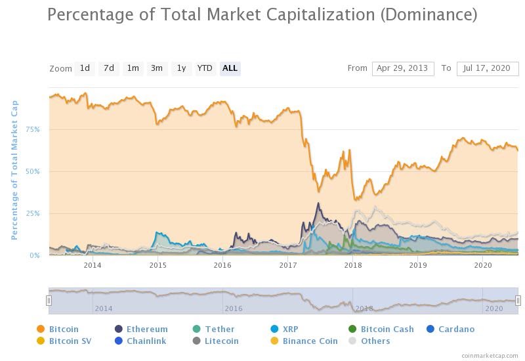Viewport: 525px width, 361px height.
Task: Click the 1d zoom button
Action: tap(85, 68)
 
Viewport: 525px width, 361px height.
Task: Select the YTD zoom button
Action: tap(205, 68)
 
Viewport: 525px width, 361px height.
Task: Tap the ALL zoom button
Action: tap(230, 68)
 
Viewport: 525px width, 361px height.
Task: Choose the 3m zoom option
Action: tap(157, 68)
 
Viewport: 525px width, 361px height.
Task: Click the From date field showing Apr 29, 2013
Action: tap(403, 69)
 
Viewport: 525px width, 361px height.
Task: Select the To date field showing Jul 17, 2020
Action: tap(488, 69)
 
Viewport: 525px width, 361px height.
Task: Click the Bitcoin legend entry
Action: tap(58, 329)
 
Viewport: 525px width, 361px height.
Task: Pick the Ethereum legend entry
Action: tap(141, 329)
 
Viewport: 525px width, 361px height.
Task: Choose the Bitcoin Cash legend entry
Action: tap(381, 329)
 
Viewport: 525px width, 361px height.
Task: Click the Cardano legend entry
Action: tap(451, 329)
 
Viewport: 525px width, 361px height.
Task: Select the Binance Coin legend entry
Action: tap(304, 341)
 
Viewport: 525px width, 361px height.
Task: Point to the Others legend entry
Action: tap(369, 341)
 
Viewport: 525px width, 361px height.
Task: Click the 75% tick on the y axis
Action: tap(32, 129)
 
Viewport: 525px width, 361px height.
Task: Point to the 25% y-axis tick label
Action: tap(32, 213)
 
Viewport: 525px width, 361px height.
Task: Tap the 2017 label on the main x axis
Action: tap(288, 265)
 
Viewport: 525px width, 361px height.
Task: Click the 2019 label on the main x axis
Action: tap(418, 265)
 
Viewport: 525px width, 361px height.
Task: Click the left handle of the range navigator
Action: tap(49, 301)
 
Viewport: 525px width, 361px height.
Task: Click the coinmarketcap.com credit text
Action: tap(490, 355)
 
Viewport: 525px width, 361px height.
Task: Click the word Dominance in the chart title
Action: tap(429, 14)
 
